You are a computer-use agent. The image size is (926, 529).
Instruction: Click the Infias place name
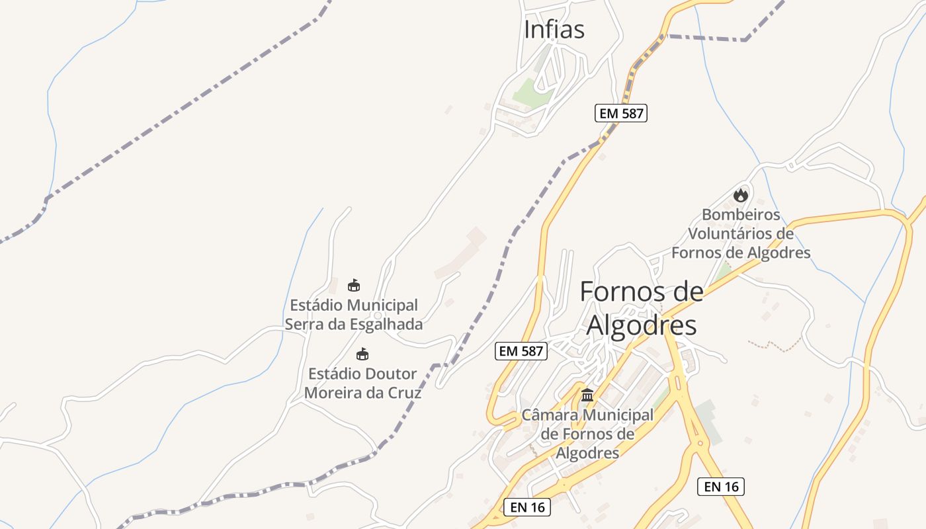pos(554,30)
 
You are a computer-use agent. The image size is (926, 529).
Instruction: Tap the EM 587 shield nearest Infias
pos(620,113)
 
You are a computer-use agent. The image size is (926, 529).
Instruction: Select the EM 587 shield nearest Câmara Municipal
pos(521,351)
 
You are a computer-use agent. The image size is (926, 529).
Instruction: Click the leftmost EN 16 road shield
pos(526,507)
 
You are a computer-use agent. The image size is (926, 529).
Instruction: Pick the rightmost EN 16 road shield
pos(721,487)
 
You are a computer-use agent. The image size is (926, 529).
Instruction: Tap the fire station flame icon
pos(740,195)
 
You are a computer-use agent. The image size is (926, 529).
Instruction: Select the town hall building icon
pos(587,395)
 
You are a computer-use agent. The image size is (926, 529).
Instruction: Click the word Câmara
pos(548,415)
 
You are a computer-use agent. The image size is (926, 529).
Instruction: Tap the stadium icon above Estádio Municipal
pos(354,286)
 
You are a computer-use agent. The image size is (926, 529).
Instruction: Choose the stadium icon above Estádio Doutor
pos(362,354)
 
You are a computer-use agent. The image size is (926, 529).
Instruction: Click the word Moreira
pos(331,392)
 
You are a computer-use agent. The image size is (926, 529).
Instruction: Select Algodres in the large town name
pos(642,325)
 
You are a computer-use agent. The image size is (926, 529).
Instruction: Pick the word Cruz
pos(405,392)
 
